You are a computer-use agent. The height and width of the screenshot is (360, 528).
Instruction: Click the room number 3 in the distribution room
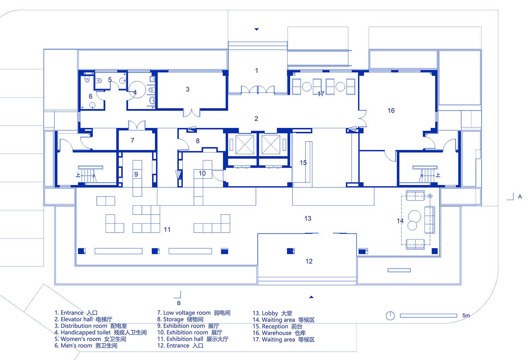tap(187, 89)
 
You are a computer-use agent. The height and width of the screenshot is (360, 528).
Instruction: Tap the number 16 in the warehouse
tap(391, 110)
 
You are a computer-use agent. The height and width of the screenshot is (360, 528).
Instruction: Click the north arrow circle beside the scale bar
tap(390, 316)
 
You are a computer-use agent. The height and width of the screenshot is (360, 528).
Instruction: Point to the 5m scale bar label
tap(466, 315)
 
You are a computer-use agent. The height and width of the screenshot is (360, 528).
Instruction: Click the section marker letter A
tap(520, 197)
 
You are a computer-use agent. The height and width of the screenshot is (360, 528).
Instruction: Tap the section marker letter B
tap(179, 303)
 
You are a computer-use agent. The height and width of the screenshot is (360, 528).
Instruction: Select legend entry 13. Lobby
tap(272, 313)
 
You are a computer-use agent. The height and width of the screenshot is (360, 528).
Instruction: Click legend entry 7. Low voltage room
tap(194, 313)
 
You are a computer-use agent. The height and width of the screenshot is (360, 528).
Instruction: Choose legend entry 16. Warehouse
tap(279, 333)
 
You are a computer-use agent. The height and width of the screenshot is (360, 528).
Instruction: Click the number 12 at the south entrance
tap(309, 261)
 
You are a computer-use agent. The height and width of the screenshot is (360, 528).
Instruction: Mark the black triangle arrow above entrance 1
tap(257, 29)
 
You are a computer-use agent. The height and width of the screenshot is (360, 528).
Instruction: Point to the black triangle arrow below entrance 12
tap(311, 297)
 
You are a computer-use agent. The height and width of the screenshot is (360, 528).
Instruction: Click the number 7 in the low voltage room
tap(132, 140)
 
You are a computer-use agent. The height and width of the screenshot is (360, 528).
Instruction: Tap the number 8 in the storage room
tap(197, 141)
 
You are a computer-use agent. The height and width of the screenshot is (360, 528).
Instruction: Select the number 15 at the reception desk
tap(303, 162)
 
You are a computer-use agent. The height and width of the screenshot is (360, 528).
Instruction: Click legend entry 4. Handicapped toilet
tap(101, 333)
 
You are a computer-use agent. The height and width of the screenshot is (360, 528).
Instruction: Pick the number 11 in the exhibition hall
tap(167, 229)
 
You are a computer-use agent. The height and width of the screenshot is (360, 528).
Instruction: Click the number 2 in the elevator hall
tap(256, 118)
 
